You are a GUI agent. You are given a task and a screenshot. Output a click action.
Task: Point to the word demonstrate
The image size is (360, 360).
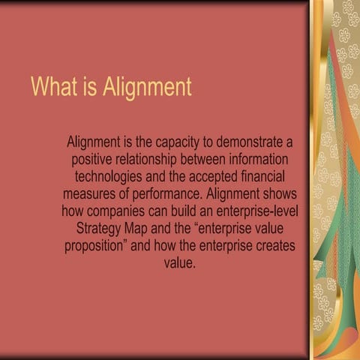[x=255, y=141]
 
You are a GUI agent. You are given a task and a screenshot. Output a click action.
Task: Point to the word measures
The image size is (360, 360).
[x=93, y=194]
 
